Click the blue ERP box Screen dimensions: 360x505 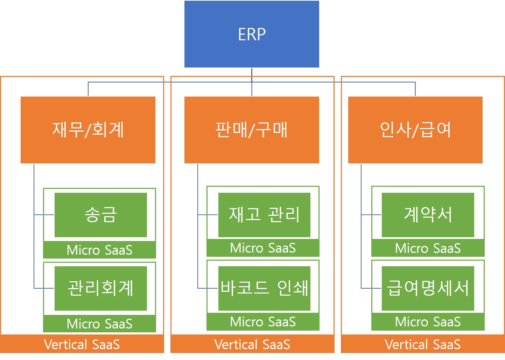tap(252, 34)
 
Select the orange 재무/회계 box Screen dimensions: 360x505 tap(88, 130)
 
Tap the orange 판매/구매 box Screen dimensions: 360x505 tap(252, 130)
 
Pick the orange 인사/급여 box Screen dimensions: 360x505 tap(415, 130)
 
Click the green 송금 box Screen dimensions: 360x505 tap(100, 215)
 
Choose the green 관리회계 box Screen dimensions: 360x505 tap(100, 288)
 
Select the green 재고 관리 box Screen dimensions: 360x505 tap(264, 215)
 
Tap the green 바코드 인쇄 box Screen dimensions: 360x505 tap(264, 288)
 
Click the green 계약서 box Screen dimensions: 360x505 tap(428, 215)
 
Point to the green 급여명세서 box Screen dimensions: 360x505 tap(428, 288)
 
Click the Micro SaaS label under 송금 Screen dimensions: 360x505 tap(99, 250)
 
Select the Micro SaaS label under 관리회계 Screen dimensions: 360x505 tap(99, 324)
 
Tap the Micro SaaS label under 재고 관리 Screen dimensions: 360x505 tap(263, 248)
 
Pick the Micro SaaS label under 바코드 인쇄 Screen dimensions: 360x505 tap(263, 322)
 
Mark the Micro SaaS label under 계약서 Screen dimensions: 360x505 tap(428, 248)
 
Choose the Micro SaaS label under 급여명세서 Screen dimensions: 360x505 tap(428, 322)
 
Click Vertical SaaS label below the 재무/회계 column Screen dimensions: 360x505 tap(82, 345)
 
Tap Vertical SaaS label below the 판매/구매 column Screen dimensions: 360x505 tap(252, 345)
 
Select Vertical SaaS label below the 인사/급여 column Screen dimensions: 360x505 tap(423, 345)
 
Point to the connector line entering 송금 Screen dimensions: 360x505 tap(44, 214)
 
